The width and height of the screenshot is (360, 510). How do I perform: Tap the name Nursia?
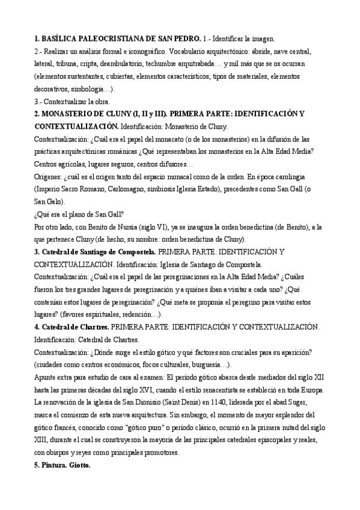[x=107, y=228]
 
